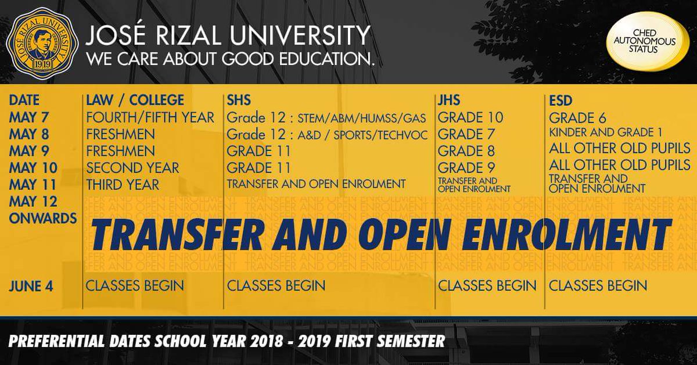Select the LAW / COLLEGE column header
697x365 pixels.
[135, 101]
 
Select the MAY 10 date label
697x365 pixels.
[33, 168]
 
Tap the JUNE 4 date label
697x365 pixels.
[33, 285]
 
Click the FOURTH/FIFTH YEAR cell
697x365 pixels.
[150, 117]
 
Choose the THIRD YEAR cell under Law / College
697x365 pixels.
[122, 185]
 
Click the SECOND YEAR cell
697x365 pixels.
[132, 168]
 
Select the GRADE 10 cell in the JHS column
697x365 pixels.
[470, 117]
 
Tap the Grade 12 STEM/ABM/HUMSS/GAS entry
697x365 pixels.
[326, 118]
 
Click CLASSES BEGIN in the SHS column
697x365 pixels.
[276, 285]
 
